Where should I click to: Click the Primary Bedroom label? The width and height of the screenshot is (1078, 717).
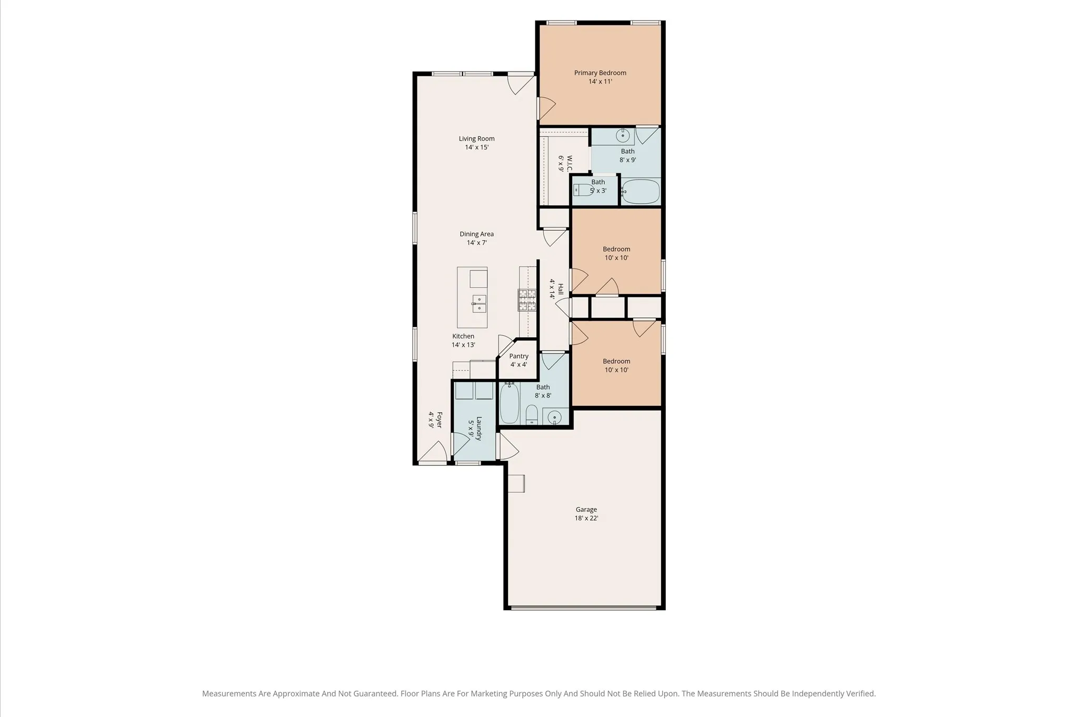(600, 77)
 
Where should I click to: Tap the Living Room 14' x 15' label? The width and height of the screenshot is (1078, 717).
(476, 143)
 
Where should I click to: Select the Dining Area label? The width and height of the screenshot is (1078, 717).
(476, 238)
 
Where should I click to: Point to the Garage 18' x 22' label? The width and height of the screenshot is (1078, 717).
(586, 513)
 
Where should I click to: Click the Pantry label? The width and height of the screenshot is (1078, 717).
(518, 360)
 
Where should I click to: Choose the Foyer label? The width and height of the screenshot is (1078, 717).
(435, 420)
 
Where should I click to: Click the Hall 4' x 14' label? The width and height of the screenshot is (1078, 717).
(556, 289)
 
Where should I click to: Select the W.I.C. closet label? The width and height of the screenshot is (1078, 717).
(565, 163)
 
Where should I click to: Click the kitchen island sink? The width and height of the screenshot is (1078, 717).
(479, 304)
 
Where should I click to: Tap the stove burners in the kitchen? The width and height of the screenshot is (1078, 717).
(527, 300)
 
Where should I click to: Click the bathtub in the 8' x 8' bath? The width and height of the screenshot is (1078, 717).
(509, 403)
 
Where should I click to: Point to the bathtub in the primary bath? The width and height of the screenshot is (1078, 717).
(641, 192)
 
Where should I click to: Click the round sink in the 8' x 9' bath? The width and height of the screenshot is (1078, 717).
(623, 135)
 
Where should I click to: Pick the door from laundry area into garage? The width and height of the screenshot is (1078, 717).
(508, 446)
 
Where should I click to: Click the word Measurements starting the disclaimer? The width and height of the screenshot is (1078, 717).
(229, 694)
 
